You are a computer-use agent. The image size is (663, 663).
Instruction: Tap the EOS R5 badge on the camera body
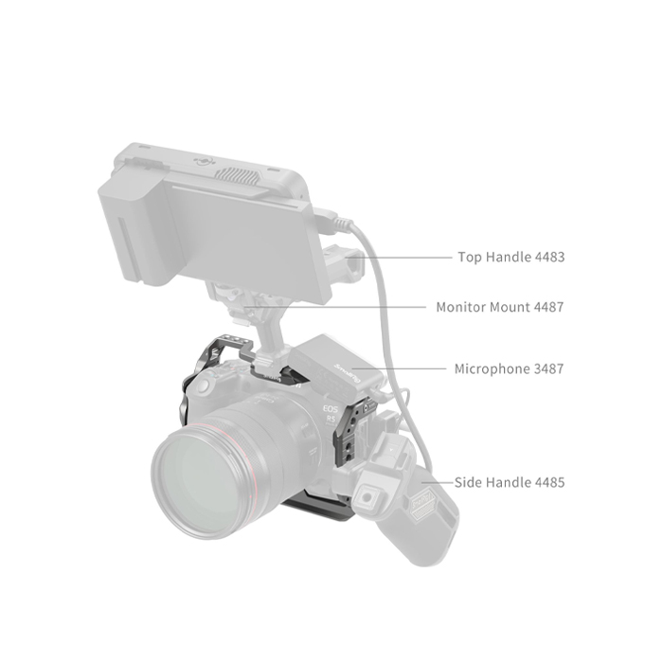331,415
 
